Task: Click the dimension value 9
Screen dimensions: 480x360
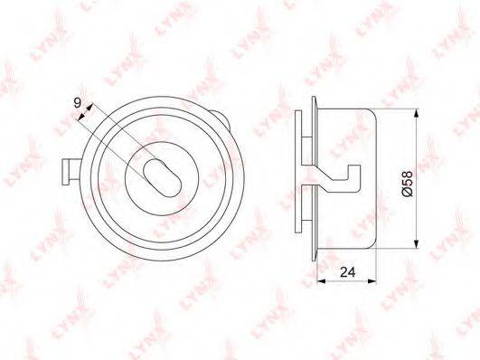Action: [x=78, y=103]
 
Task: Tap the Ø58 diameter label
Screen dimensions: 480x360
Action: [x=408, y=184]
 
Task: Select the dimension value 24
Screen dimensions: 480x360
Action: [x=348, y=271]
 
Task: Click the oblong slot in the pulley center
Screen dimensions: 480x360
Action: [x=163, y=178]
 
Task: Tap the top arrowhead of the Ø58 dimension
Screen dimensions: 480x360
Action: [x=416, y=114]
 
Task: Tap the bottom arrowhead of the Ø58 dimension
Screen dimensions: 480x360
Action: [x=416, y=243]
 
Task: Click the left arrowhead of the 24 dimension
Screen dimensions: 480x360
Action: [x=321, y=280]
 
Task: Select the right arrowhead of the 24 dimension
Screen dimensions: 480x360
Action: [x=372, y=280]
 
